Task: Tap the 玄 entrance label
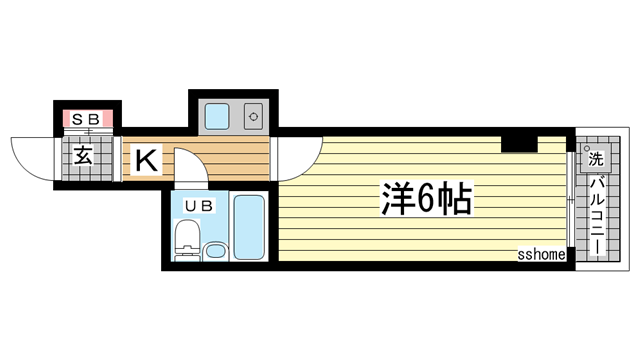(84, 156)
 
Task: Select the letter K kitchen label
(144, 158)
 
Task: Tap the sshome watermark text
(541, 255)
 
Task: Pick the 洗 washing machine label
(595, 158)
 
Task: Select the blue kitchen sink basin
(217, 117)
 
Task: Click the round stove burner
(252, 117)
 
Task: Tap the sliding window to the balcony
(570, 200)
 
